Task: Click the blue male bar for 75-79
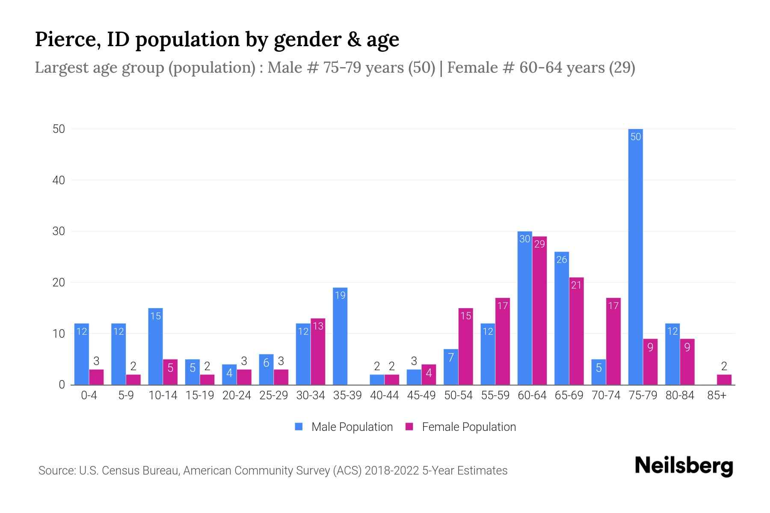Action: (x=636, y=256)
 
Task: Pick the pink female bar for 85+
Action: (x=724, y=380)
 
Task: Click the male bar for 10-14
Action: (x=156, y=346)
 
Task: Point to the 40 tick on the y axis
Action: (x=59, y=180)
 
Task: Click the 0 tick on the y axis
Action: (x=62, y=385)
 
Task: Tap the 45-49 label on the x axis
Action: (x=421, y=395)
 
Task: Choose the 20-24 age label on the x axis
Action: (x=237, y=395)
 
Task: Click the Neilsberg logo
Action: (x=684, y=466)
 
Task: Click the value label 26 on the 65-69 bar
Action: (x=562, y=259)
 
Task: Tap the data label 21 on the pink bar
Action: (x=576, y=285)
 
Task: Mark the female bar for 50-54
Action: (x=465, y=346)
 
